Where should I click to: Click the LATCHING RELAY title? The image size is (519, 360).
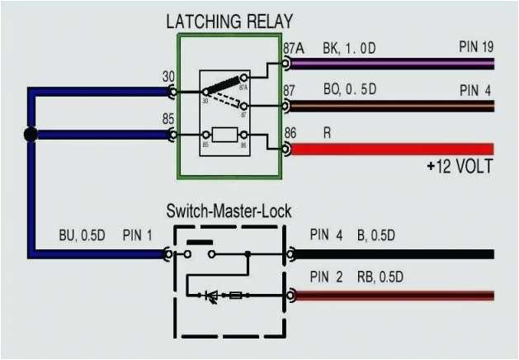(229, 21)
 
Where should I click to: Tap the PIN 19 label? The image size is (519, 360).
(476, 46)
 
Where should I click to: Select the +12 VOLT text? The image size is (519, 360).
(460, 167)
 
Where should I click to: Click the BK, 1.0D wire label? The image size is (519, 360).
(349, 49)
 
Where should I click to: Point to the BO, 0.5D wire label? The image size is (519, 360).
(349, 90)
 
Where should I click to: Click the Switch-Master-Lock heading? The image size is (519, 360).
(229, 211)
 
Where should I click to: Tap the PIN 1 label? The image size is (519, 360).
(137, 235)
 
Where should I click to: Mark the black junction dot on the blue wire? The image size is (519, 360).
(31, 134)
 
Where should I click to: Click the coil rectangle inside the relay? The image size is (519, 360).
(225, 134)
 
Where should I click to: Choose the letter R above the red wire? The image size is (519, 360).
(327, 131)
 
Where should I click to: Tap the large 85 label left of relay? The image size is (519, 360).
(167, 117)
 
